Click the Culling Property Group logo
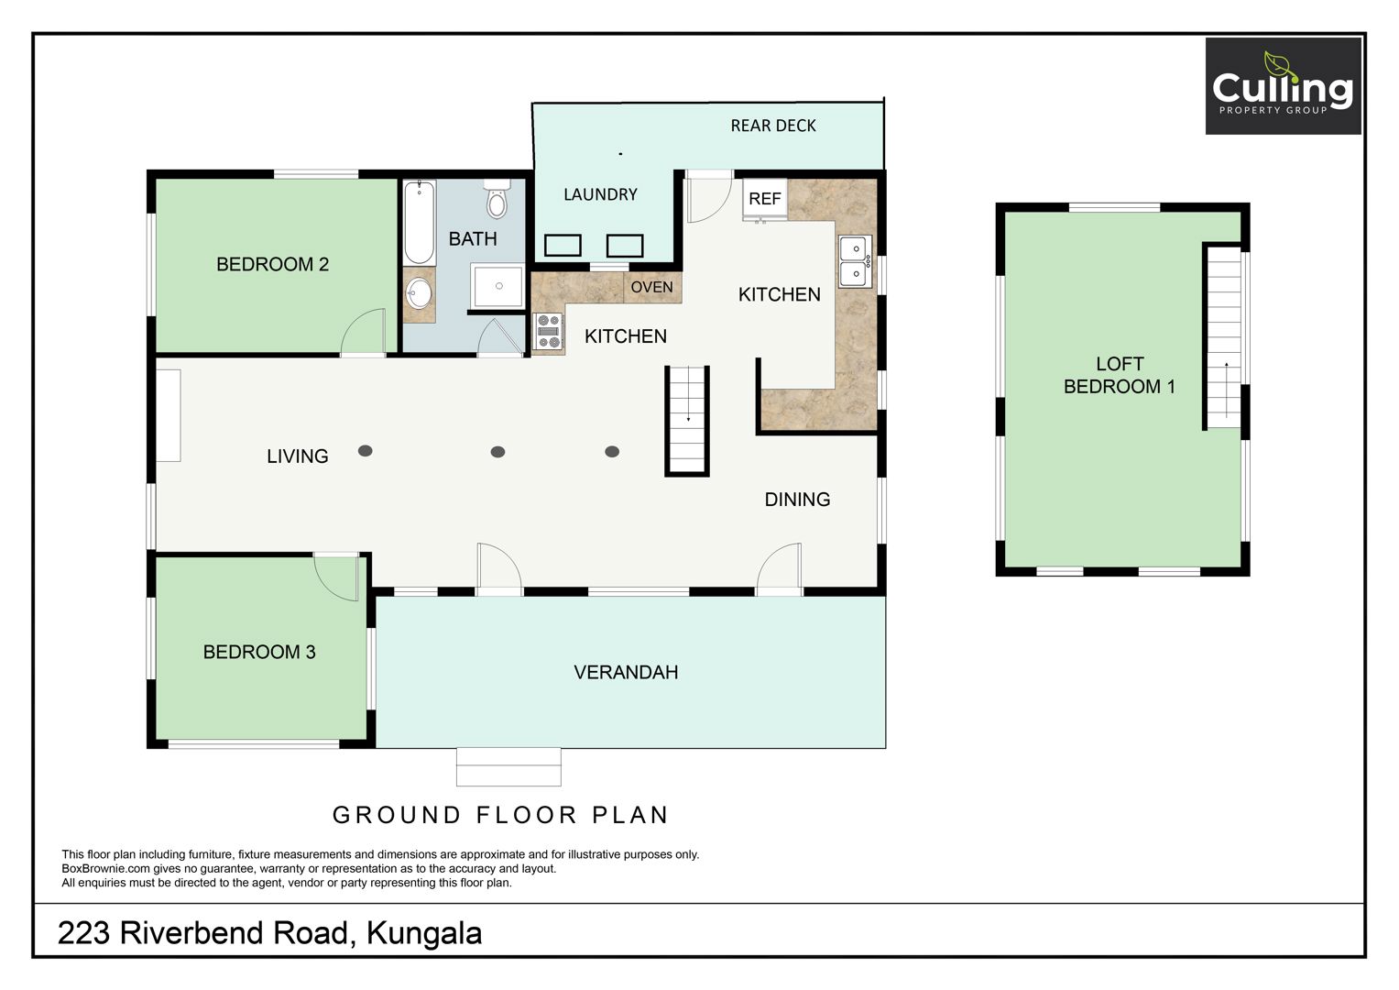pos(1283,85)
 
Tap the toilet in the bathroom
pos(497,199)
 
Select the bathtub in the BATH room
pos(419,223)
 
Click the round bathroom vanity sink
pos(419,293)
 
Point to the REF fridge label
pos(764,199)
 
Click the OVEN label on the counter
pos(652,288)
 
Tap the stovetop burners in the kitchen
pos(549,331)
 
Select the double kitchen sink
pos(855,261)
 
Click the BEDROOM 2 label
pos(272,264)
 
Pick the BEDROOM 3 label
pos(259,652)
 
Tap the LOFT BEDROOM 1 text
pos(1120,375)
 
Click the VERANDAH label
pos(626,673)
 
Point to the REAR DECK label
pos(773,126)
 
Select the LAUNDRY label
pos(600,195)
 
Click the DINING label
pos(798,500)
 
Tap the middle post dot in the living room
pos(497,452)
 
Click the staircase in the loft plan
pos(1224,337)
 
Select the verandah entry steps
pos(508,767)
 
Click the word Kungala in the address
pos(424,934)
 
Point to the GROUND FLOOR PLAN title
pos(500,815)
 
